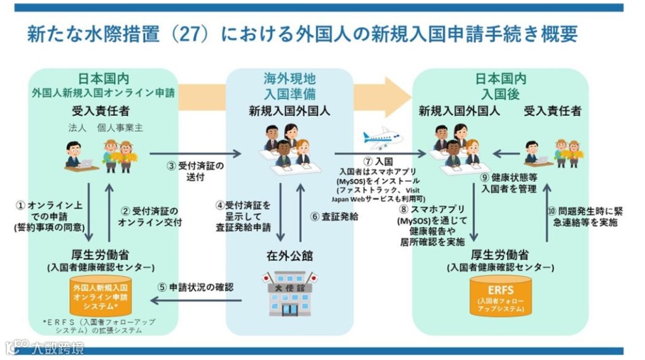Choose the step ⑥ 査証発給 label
coord(335,216)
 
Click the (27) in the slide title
coord(191,33)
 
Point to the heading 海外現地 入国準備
coord(289,86)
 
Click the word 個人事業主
coord(120,127)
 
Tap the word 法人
coord(77,127)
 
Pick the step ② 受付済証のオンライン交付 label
coord(150,216)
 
